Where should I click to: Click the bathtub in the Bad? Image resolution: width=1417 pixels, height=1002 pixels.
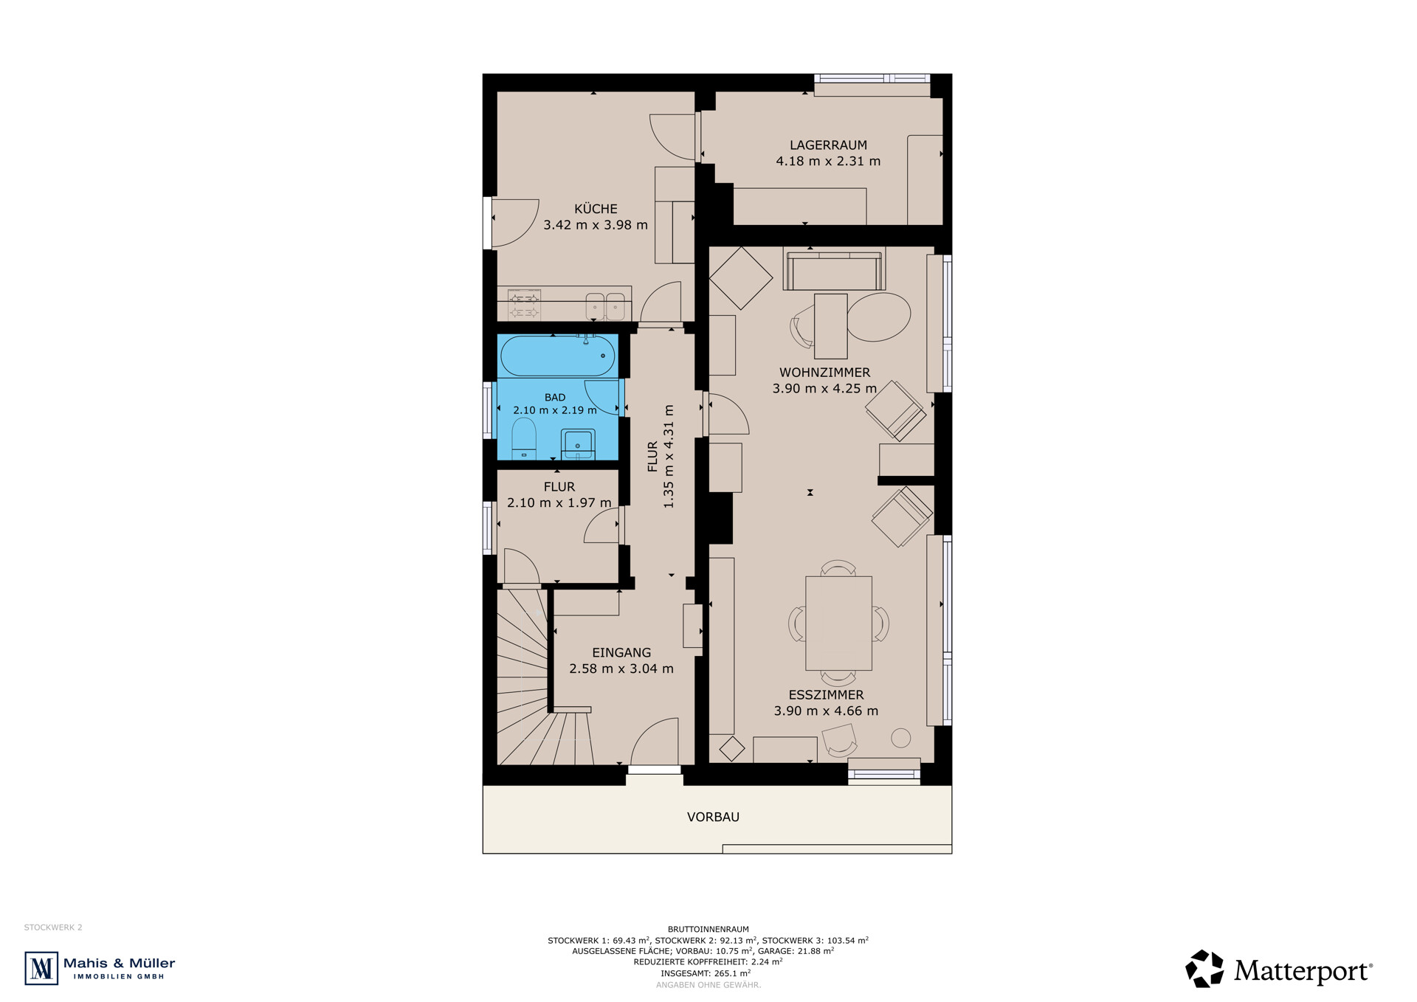point(557,356)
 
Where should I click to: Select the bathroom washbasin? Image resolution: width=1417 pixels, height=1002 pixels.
point(578,443)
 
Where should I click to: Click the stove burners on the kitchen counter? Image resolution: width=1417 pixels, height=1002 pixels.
point(524,305)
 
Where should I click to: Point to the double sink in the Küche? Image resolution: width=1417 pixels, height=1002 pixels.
point(605,305)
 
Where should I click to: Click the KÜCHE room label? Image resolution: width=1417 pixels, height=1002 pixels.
point(596,209)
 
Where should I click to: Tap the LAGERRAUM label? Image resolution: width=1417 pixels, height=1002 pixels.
point(828,145)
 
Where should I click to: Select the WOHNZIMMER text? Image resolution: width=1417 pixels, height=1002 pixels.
point(825,373)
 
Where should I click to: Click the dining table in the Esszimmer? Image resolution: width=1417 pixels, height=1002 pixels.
point(838,623)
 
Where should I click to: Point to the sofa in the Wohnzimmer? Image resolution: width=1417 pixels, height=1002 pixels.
point(835,271)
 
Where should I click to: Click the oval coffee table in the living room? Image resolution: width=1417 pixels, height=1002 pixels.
point(879,317)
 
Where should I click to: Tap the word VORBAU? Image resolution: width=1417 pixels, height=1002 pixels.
point(713,817)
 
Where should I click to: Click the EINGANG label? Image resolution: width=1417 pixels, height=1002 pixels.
point(621,652)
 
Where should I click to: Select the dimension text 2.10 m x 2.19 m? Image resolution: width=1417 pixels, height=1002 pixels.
point(555,410)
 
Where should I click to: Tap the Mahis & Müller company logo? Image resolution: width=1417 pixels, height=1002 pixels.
point(100,968)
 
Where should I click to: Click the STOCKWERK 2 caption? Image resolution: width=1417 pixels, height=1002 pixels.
point(53,927)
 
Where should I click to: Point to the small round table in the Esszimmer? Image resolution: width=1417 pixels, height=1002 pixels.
point(900,737)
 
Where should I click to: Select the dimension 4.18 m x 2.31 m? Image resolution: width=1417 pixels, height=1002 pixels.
point(828,161)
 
